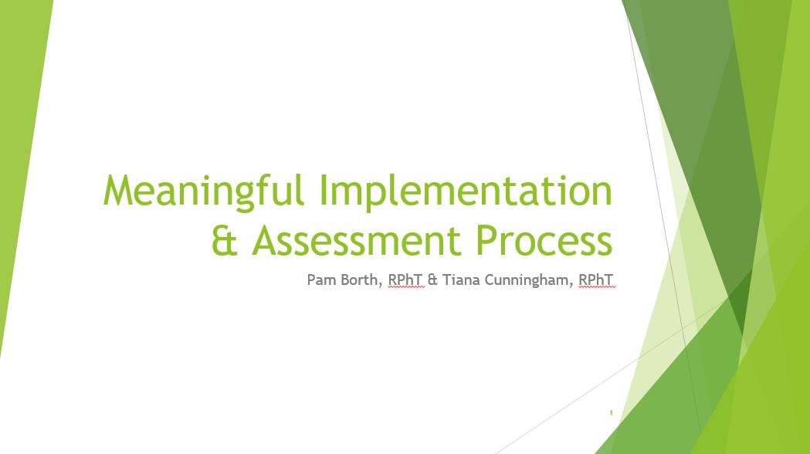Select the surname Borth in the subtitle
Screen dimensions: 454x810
[x=361, y=280]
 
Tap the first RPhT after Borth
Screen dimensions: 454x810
[x=405, y=280]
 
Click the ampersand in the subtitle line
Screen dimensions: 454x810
[x=432, y=280]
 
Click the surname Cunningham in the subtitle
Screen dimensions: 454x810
[x=528, y=280]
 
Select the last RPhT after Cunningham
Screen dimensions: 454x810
[x=596, y=280]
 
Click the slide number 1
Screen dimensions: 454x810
[x=611, y=413]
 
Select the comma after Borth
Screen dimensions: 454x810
[x=381, y=284]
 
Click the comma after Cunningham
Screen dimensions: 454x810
[x=572, y=284]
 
